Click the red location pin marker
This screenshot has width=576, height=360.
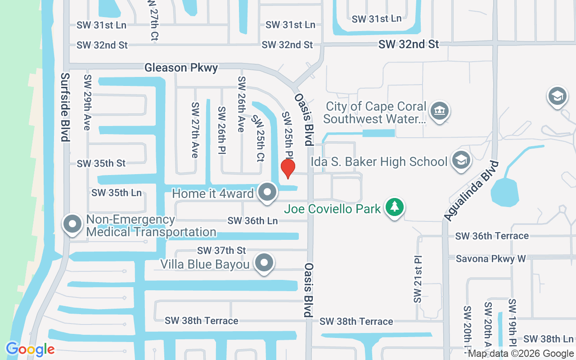(288, 169)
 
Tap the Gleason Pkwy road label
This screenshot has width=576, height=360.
(181, 68)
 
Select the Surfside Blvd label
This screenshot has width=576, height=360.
(65, 107)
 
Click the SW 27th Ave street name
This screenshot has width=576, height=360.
(195, 130)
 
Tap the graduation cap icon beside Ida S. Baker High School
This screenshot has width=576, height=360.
(460, 161)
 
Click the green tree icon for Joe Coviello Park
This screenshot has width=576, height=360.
(395, 207)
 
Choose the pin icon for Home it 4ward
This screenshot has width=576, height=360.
(268, 193)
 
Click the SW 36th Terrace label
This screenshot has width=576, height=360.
(492, 236)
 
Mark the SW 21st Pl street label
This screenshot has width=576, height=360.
(418, 279)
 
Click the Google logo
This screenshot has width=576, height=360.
(30, 349)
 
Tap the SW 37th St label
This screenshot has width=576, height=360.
(221, 250)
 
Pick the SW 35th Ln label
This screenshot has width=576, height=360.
(117, 193)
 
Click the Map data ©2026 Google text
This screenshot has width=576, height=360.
(521, 354)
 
